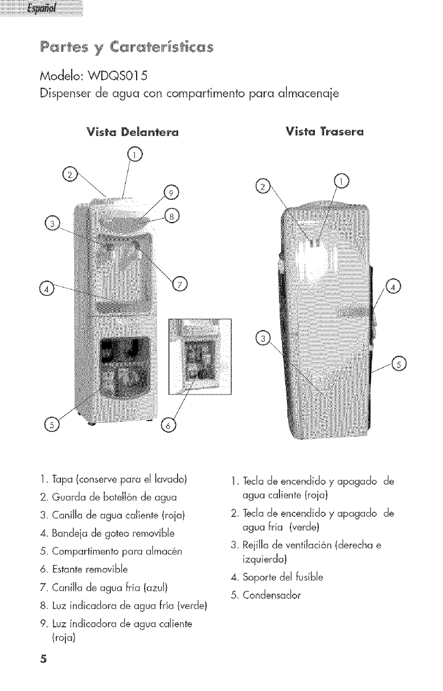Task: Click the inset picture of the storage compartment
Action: tap(200, 356)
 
